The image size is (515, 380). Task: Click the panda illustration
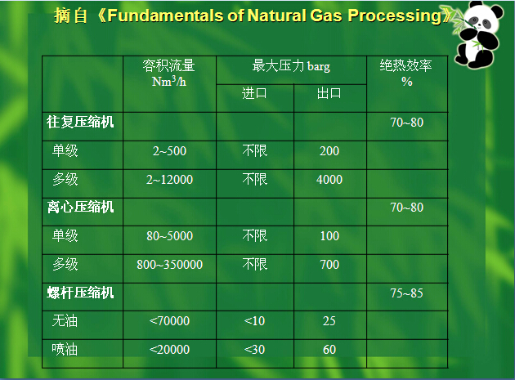(478, 34)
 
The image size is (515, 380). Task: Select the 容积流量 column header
(169, 65)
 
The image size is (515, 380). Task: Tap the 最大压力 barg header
(291, 65)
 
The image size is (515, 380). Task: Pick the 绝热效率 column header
(406, 65)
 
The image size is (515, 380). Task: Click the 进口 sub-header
(254, 93)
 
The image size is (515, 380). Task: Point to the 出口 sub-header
(329, 93)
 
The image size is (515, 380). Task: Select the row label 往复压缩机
(80, 122)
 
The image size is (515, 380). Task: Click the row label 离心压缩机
(80, 207)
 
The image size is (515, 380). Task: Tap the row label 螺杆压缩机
(80, 293)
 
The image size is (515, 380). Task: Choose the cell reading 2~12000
(169, 180)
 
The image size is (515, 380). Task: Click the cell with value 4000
(329, 180)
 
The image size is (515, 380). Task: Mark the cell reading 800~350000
(169, 265)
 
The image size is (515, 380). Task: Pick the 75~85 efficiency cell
(406, 293)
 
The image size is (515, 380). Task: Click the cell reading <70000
(169, 321)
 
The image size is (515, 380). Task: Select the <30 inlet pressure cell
(254, 350)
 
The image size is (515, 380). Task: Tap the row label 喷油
(65, 349)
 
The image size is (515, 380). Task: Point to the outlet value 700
(329, 265)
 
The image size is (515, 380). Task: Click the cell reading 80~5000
(169, 236)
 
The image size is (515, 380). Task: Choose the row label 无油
(65, 320)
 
